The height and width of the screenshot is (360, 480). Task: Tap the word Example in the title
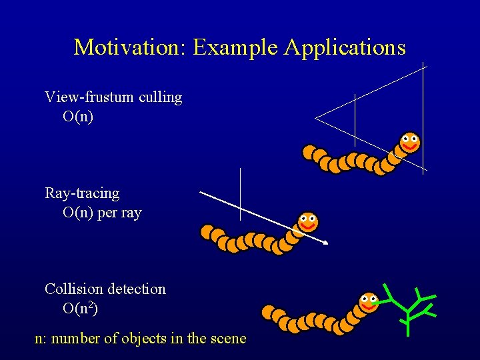coord(236,48)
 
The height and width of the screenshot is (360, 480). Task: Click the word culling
coord(160,97)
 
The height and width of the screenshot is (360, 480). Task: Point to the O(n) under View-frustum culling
coord(78,117)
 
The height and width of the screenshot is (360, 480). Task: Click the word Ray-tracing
coord(82,193)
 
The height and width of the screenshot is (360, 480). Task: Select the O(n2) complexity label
coord(81,309)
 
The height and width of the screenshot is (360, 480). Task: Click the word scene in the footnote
coord(228,339)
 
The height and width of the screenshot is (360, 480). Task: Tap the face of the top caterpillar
coord(410,142)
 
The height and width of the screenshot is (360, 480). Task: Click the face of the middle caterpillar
coord(307,221)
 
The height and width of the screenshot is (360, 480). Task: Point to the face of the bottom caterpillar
coord(369,303)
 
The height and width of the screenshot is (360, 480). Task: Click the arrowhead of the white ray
coord(326,243)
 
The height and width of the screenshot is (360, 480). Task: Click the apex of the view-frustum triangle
coord(316,119)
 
